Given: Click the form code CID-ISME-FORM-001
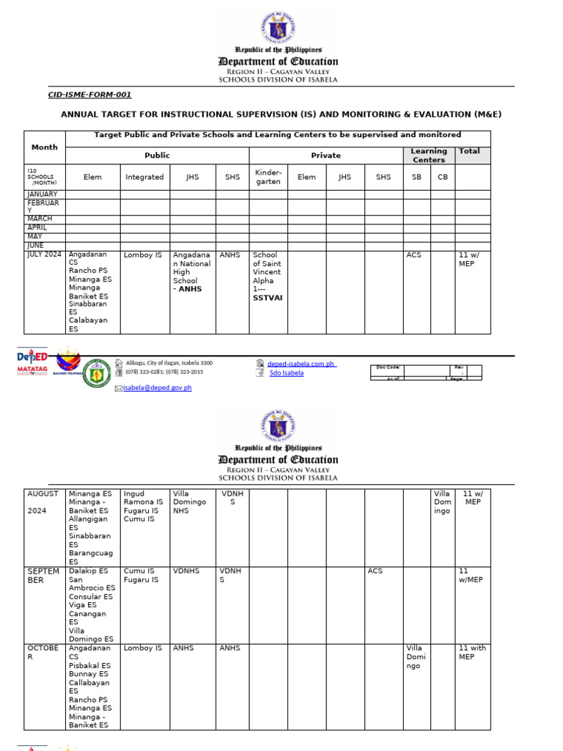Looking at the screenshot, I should pyautogui.click(x=89, y=95).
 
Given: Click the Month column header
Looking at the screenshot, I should pyautogui.click(x=44, y=147).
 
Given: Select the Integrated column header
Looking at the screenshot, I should pyautogui.click(x=144, y=177).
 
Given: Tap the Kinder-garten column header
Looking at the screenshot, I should pyautogui.click(x=268, y=177).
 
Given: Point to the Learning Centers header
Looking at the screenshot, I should pyautogui.click(x=429, y=155).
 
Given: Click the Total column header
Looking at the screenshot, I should pyautogui.click(x=469, y=151).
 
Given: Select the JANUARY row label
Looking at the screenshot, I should pyautogui.click(x=43, y=194).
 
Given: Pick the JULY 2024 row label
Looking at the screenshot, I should pyautogui.click(x=45, y=254).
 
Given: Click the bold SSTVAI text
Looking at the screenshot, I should pyautogui.click(x=267, y=298).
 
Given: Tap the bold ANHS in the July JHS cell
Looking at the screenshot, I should pyautogui.click(x=189, y=289).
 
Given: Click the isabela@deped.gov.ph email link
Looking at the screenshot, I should pyautogui.click(x=157, y=388).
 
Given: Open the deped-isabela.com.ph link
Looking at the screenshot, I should pyautogui.click(x=301, y=363).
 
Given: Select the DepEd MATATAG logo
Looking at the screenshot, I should pyautogui.click(x=32, y=363).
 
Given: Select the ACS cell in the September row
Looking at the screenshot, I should pyautogui.click(x=375, y=571).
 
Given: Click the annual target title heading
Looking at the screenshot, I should pyautogui.click(x=281, y=114).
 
